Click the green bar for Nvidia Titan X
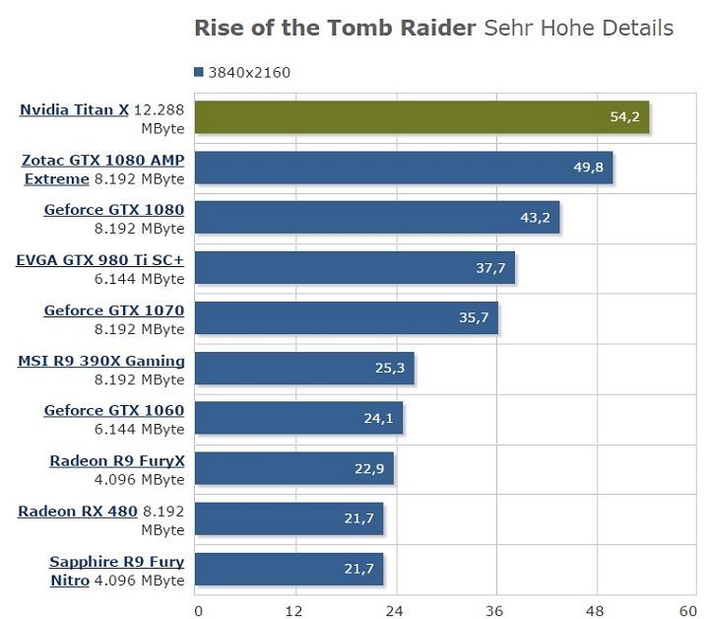tap(421, 117)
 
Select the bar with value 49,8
tap(404, 168)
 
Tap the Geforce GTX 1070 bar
tap(347, 318)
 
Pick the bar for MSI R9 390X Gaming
tap(304, 369)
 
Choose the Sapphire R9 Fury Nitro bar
tap(290, 570)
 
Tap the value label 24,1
tap(379, 418)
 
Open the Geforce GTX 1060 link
tap(114, 410)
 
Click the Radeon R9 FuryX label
tap(117, 460)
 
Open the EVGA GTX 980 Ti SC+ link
tap(100, 260)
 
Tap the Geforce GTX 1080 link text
tap(114, 209)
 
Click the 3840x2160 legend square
tap(200, 72)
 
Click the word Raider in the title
tap(428, 28)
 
